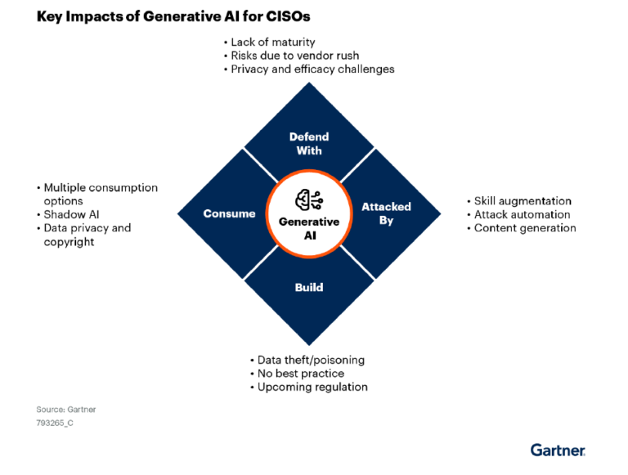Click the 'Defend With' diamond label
309,144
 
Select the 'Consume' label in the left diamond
229,213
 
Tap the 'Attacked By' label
386,213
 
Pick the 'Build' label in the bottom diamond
309,287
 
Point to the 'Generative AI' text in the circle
309,228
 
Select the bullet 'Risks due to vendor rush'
294,56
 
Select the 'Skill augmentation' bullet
523,200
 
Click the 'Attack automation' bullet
522,214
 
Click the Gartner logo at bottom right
558,450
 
